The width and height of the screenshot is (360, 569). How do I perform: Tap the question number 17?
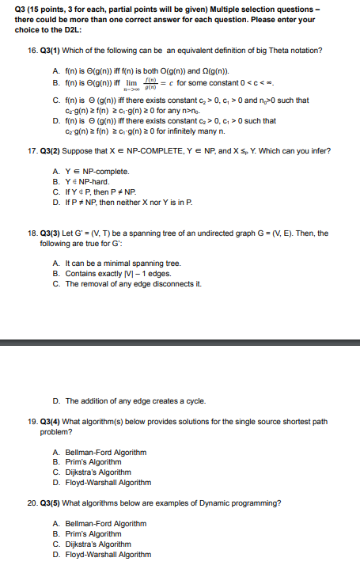click(x=31, y=150)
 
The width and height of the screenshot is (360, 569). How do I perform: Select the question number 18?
click(x=31, y=233)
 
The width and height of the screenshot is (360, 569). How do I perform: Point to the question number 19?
click(x=31, y=421)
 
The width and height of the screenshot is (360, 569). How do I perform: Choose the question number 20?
click(x=31, y=502)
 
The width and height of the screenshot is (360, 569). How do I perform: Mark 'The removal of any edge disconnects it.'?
click(x=127, y=283)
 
